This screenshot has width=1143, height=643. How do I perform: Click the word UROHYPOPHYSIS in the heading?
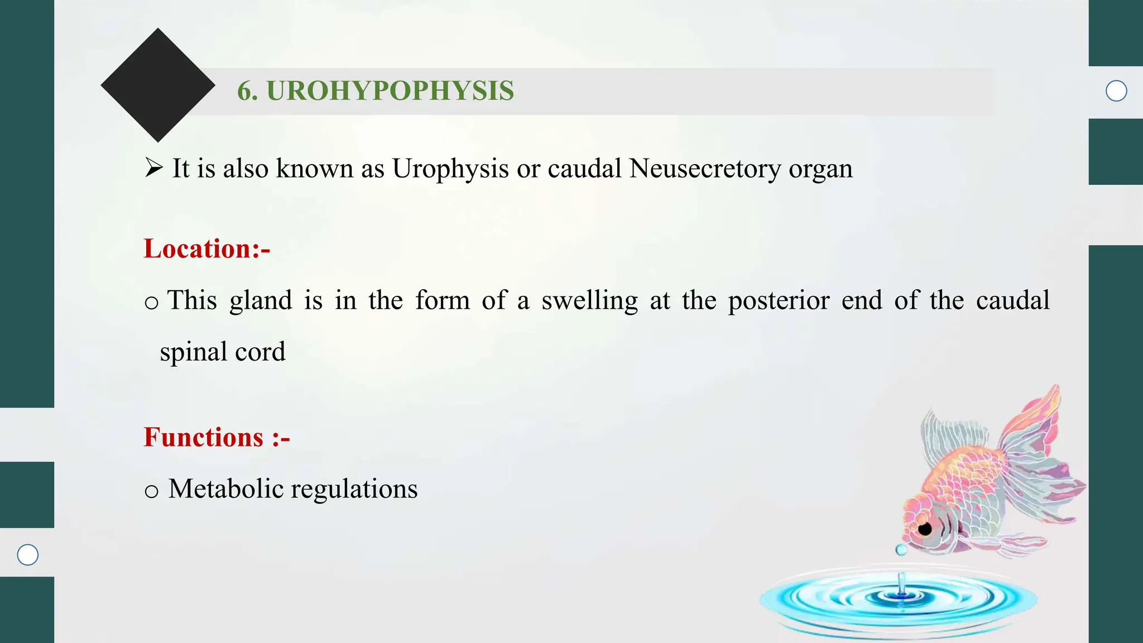point(390,91)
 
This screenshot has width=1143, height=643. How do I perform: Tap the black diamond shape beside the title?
point(158,85)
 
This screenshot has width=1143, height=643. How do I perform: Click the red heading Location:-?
point(206,248)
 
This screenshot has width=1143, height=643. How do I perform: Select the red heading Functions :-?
point(217,437)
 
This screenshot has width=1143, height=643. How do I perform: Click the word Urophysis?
point(450,169)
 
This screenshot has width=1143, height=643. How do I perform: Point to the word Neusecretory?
point(705,169)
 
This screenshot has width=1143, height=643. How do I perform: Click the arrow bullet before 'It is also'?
point(153,167)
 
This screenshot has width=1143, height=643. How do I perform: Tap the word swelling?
point(589,301)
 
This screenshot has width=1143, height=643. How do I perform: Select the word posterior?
point(779,301)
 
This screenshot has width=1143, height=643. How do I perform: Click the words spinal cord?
point(222,352)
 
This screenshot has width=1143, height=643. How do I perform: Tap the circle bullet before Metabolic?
point(151,492)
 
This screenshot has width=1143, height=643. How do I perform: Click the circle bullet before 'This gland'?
point(151,303)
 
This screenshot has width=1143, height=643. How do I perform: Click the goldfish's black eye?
point(925,529)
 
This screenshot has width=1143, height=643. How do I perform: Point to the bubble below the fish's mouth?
point(901,550)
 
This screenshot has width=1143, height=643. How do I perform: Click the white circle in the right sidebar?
point(1116,91)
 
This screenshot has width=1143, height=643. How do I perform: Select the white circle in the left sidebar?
point(27,555)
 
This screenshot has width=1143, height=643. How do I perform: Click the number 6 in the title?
point(244,91)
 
